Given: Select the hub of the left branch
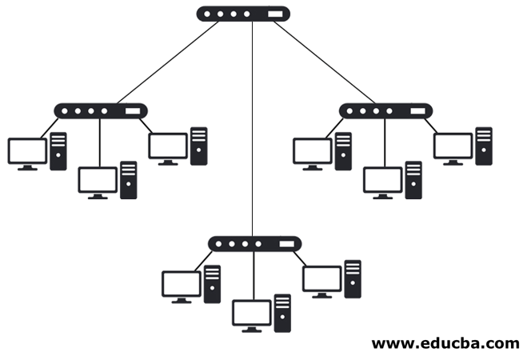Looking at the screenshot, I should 101,111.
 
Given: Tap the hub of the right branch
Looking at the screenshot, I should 386,111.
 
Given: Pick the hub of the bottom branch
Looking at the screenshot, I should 254,243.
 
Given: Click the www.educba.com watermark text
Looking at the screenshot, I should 445,343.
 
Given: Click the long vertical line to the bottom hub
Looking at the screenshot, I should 253,128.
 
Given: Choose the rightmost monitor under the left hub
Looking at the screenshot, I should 168,146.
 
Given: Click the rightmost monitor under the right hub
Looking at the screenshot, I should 453,146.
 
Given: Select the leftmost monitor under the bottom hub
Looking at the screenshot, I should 182,284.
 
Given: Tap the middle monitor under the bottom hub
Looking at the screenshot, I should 252,312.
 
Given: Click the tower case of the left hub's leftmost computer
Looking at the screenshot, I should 58,151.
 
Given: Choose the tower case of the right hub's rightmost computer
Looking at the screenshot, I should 484,146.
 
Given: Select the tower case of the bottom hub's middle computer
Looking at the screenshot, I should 282,313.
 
